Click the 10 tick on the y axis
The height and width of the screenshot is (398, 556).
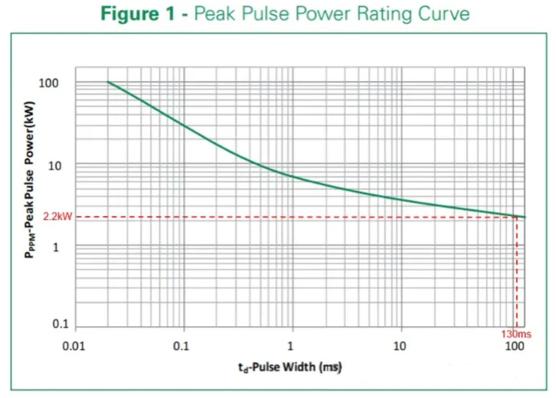point(54,165)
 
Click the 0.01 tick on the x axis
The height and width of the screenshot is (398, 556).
point(75,347)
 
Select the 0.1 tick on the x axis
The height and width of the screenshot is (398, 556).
point(181,347)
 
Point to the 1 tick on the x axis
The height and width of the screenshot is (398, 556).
point(290,347)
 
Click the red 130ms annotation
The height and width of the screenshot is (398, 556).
point(516,334)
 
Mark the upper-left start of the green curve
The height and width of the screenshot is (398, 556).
point(108,82)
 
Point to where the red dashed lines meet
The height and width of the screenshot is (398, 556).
point(517,217)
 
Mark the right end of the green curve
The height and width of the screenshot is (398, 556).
point(524,217)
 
